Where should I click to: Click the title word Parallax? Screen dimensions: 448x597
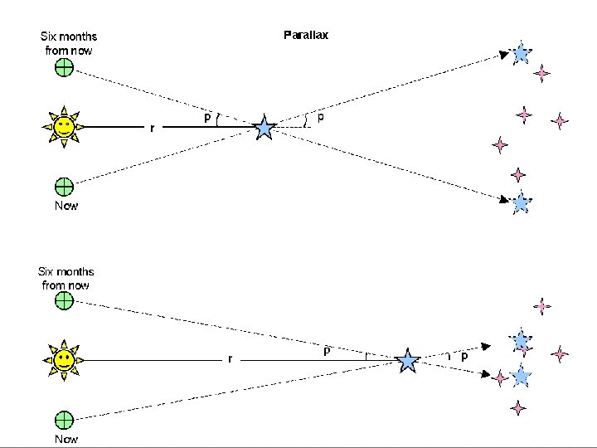pos(306,36)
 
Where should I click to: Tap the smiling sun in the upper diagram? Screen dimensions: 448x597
pos(64,127)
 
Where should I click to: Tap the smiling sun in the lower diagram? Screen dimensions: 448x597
pos(64,360)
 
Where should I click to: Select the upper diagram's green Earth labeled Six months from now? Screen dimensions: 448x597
pos(64,68)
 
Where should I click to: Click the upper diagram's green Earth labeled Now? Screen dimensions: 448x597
pos(64,186)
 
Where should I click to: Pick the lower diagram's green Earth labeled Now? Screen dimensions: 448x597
pos(64,419)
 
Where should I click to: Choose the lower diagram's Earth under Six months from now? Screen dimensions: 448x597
pos(64,301)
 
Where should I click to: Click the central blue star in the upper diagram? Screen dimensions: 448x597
pos(265,128)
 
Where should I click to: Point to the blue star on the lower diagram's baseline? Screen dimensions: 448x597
pos(407,361)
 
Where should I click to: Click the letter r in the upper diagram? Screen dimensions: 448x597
pos(152,129)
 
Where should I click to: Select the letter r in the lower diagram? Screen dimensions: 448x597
pos(230,359)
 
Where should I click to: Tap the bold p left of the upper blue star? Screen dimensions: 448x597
pos(206,119)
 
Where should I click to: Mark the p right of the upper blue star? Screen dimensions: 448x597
pos(321,117)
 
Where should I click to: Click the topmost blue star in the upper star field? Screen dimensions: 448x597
pos(521,54)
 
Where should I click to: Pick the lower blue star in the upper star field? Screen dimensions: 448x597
pos(521,202)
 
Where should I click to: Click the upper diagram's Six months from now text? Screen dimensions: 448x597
pos(69,43)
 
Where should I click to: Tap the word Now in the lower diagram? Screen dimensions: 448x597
pos(66,439)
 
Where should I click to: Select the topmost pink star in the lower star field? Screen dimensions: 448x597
pos(542,306)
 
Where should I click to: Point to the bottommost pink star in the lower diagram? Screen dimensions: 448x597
pos(518,407)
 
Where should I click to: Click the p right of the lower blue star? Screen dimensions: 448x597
pos(464,355)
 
